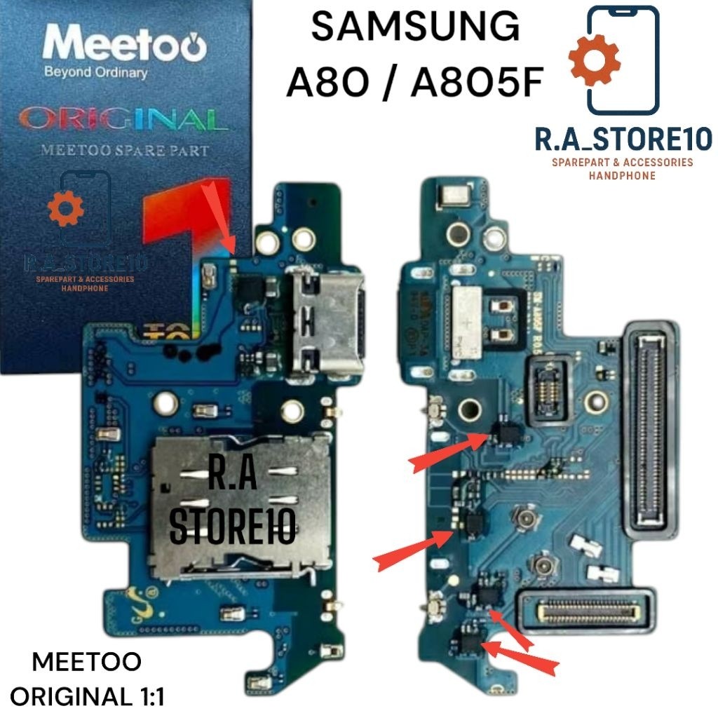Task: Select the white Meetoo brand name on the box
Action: point(125,46)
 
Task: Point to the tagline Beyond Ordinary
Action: point(95,72)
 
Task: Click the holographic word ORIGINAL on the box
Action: point(123,118)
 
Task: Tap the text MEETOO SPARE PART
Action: point(126,150)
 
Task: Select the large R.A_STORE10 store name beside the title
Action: point(623,138)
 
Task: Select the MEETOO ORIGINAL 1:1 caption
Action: point(87,679)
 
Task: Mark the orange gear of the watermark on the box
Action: point(65,208)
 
